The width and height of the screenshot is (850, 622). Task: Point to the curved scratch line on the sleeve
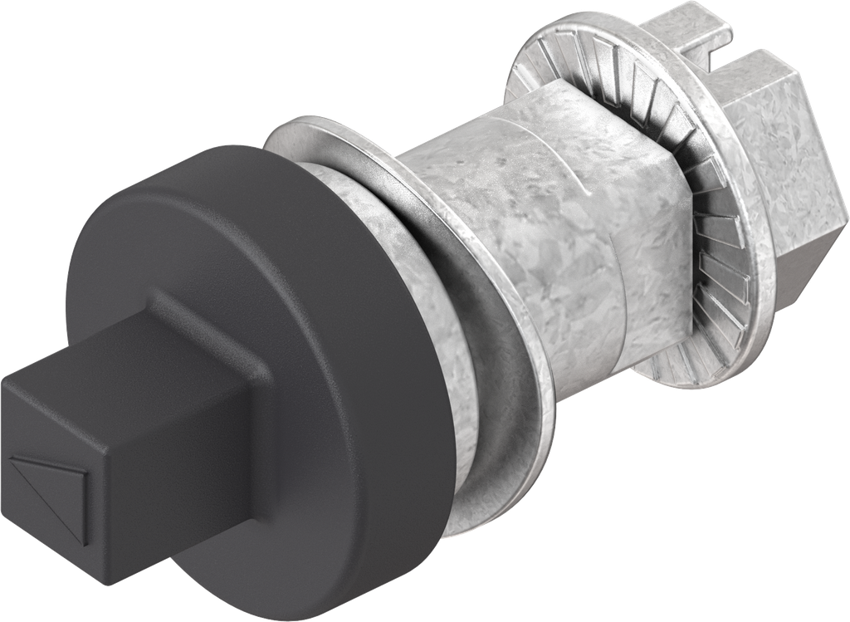[x=573, y=166]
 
